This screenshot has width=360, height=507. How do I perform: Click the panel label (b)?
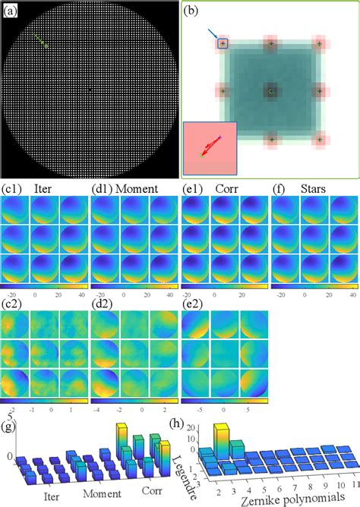(192, 11)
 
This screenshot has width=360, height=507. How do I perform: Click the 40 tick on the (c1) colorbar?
(81, 292)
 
